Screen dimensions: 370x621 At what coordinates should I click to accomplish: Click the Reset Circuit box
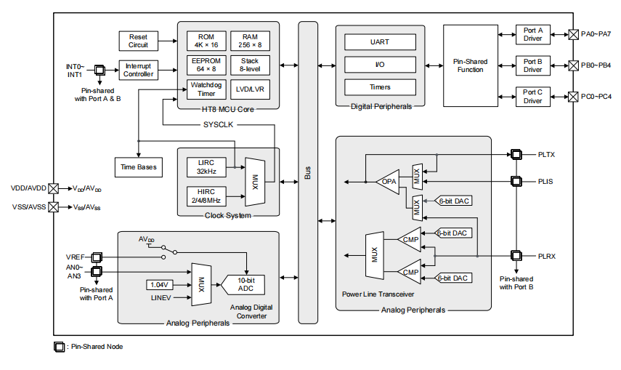(x=138, y=41)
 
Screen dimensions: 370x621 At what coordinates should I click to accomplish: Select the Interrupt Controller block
(x=138, y=71)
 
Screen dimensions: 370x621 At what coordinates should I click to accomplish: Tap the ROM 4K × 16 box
(x=206, y=41)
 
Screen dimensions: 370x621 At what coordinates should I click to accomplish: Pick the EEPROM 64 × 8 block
(x=206, y=65)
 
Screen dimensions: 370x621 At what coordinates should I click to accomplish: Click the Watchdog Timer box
(x=206, y=89)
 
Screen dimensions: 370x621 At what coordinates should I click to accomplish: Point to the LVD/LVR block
(x=251, y=89)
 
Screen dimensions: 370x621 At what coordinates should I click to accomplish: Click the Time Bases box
(x=138, y=167)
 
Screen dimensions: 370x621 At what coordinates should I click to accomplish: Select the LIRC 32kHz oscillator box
(x=206, y=167)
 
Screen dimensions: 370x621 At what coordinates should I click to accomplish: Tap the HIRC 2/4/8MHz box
(x=206, y=196)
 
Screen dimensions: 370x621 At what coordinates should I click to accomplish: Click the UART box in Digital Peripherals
(x=380, y=42)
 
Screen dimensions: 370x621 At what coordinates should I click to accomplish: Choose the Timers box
(x=380, y=87)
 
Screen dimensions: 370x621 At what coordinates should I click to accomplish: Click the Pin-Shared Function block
(x=471, y=65)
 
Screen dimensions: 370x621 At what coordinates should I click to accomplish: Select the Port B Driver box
(x=533, y=65)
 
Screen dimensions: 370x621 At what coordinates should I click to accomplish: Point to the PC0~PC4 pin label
(x=596, y=96)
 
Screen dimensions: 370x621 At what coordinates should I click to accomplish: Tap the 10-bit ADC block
(x=245, y=284)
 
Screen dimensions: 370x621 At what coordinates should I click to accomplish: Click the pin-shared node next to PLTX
(x=516, y=154)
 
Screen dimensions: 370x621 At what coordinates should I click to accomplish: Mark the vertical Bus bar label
(x=308, y=173)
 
